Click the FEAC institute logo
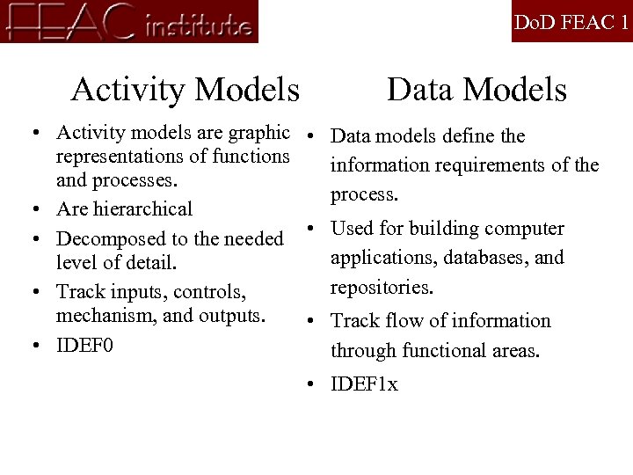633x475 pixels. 129,21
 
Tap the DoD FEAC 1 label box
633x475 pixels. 571,22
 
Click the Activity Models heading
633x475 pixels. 185,90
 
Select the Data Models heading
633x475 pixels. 477,90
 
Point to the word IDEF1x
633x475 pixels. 364,384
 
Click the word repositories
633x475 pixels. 381,287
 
